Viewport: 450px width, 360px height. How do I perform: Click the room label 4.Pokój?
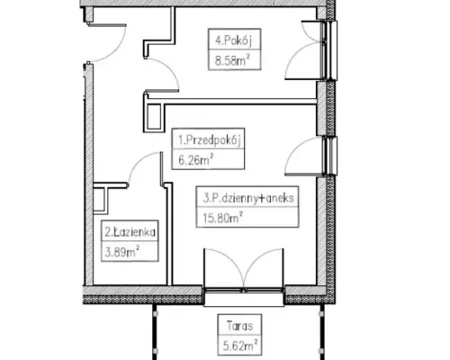tap(233, 40)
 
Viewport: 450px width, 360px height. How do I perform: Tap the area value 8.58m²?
tap(232, 60)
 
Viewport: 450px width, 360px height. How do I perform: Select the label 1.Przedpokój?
tap(210, 139)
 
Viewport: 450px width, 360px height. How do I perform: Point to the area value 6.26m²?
tap(196, 159)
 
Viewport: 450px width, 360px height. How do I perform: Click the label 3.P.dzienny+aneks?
tap(248, 198)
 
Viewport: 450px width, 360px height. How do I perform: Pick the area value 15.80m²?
tap(222, 218)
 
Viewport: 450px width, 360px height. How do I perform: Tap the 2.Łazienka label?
tap(130, 232)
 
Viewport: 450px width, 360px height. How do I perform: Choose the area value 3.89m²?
tap(122, 252)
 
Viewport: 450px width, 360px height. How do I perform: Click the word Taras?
tap(240, 326)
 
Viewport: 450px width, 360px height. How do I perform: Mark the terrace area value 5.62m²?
tap(240, 346)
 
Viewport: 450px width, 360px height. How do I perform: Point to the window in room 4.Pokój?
tap(329, 50)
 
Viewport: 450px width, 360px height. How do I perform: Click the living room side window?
tap(329, 156)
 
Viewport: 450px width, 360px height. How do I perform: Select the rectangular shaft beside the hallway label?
tap(155, 116)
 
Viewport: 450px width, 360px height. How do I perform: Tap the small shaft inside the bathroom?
tap(100, 199)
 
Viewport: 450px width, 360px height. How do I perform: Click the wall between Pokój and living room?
tap(232, 102)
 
